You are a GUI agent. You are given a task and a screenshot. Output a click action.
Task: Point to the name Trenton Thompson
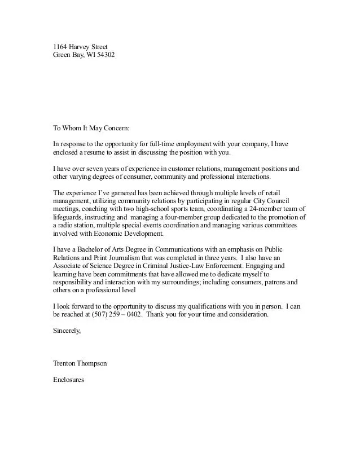80,364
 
